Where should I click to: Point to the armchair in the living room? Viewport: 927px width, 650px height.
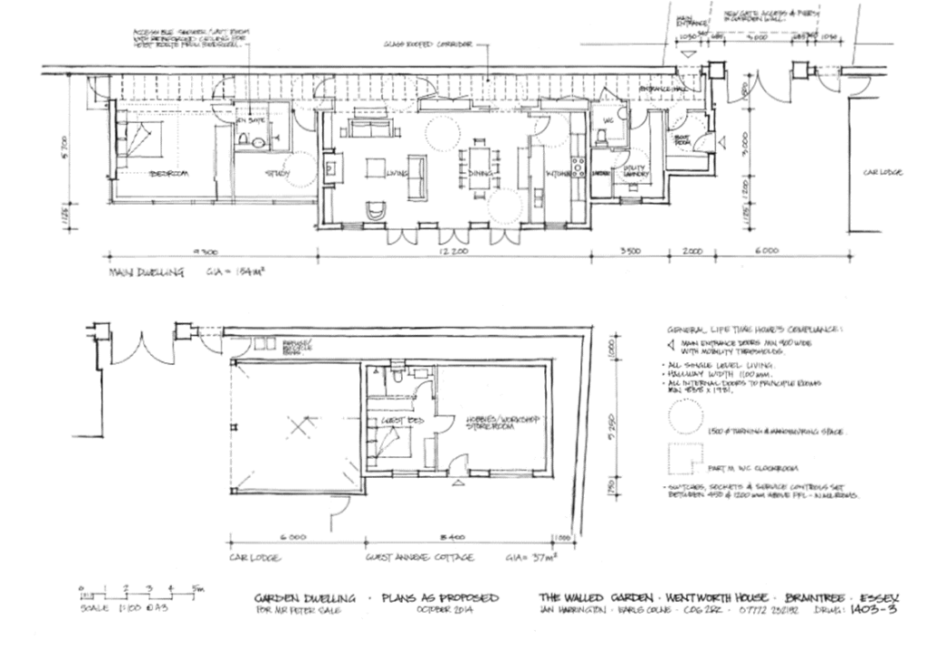tap(375, 210)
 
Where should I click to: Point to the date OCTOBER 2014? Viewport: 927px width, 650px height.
tap(439, 613)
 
